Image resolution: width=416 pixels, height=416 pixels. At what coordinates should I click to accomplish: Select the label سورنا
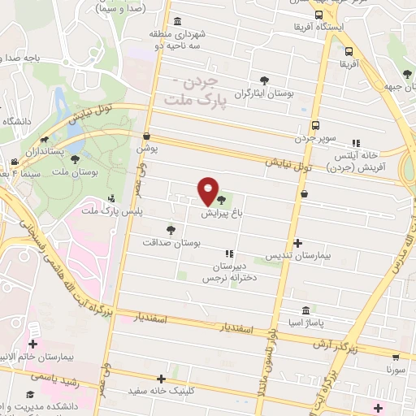pos(396,369)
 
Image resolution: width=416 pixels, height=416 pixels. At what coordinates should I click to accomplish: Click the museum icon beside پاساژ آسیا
pos(305,310)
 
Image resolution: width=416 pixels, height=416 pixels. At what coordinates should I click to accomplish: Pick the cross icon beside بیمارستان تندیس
pos(298,243)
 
